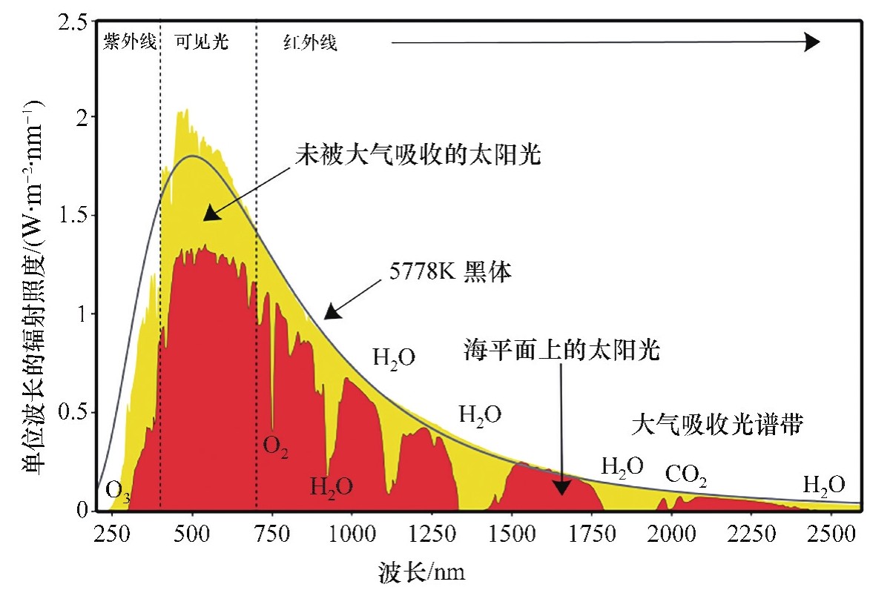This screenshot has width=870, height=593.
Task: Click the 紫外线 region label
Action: click(x=130, y=42)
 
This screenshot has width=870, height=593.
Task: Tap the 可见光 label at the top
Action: click(x=201, y=42)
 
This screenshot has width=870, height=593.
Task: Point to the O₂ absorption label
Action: click(x=275, y=448)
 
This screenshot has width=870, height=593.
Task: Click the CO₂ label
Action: click(x=685, y=474)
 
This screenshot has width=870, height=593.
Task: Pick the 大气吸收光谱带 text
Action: click(x=718, y=425)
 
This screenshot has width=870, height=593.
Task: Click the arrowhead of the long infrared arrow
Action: click(x=812, y=42)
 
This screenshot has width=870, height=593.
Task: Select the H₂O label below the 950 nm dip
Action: click(x=331, y=488)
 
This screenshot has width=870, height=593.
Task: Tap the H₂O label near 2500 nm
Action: click(x=823, y=486)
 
